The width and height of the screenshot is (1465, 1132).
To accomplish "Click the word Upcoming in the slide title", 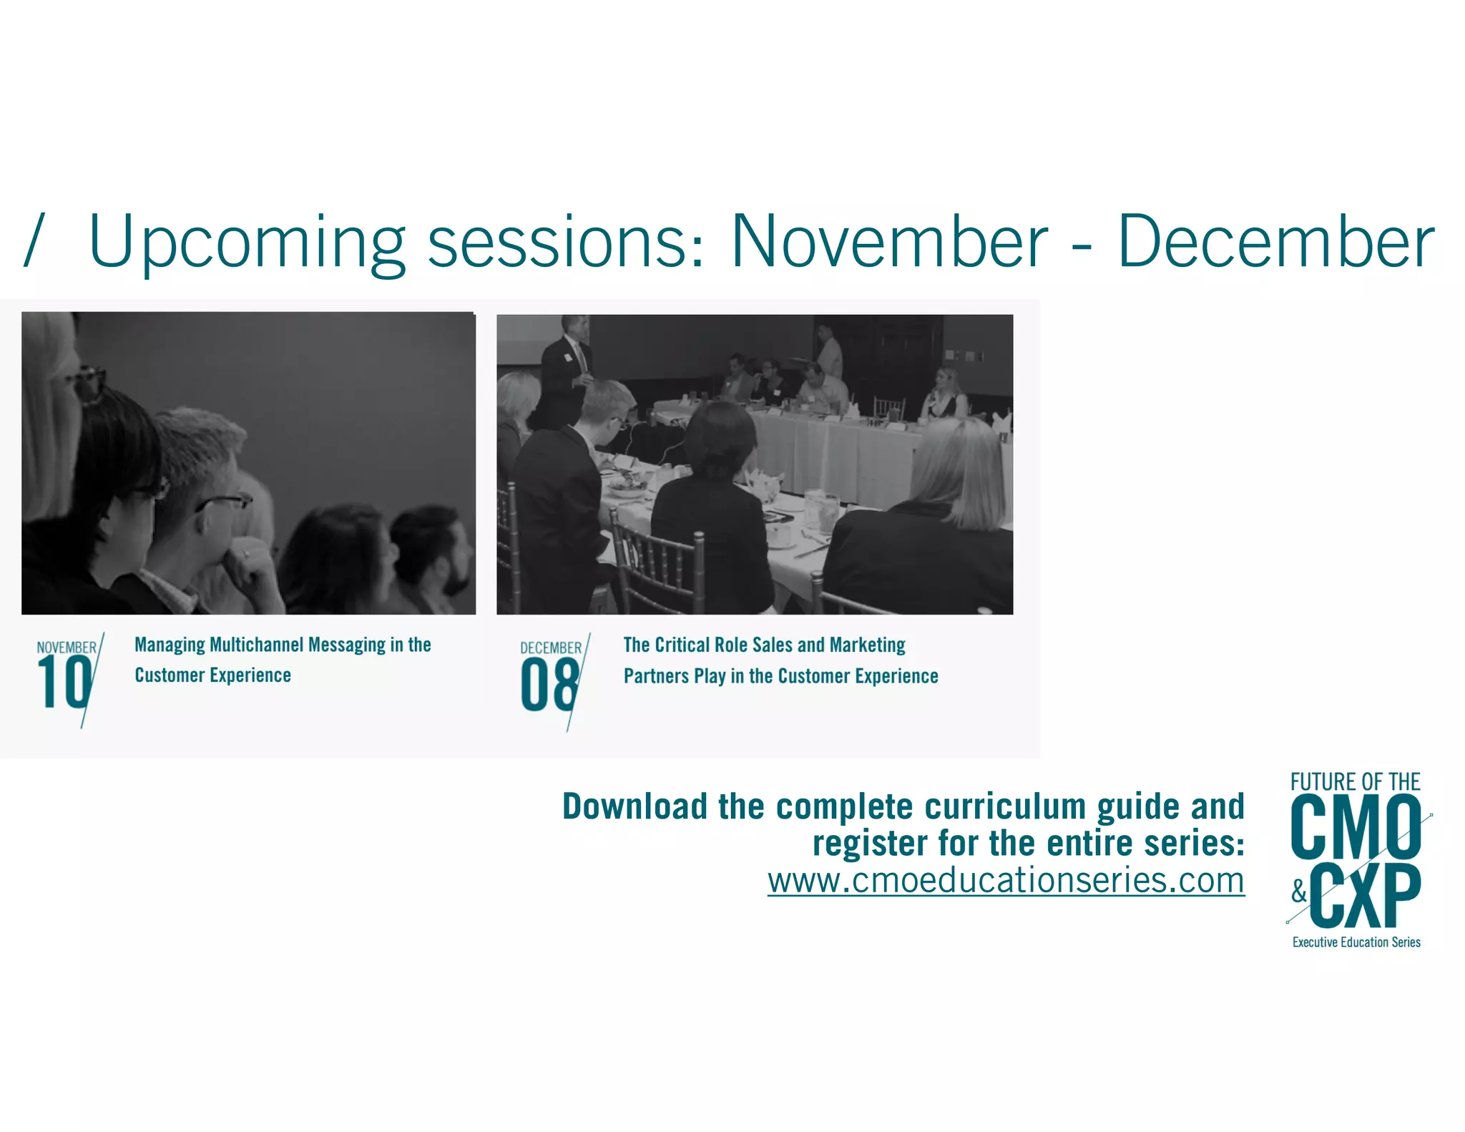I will pos(247,243).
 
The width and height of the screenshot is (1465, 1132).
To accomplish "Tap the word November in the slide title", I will pos(888,242).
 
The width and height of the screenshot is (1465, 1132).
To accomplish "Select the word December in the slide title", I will pos(1275,242).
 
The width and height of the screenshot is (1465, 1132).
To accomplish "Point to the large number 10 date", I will pos(64,683).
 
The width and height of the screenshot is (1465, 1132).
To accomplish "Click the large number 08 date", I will pos(549,685).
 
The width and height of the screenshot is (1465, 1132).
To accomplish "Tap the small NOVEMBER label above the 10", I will pos(67,648).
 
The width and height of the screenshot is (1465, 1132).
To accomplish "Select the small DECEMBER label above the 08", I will pos(551,648).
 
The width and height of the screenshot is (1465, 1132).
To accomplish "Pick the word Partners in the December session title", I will pos(656,676).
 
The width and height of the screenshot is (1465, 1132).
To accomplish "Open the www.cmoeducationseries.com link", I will pos(1006,880).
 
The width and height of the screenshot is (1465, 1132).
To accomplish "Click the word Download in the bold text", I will pos(635,806).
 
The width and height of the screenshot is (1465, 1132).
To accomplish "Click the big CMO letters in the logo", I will pos(1356,828).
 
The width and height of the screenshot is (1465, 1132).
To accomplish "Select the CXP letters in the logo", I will pos(1366,896).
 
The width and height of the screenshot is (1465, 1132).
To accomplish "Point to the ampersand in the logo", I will pos(1299,892).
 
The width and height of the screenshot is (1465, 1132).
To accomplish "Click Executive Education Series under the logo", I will pos(1356,942).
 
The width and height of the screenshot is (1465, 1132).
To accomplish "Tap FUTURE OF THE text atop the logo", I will pos(1355,781).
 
